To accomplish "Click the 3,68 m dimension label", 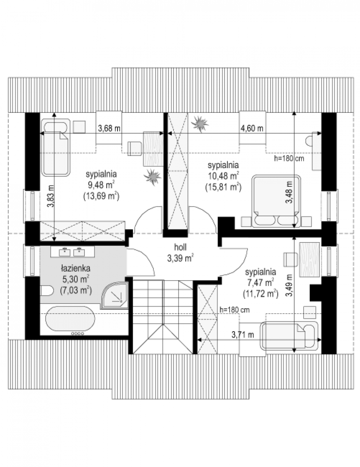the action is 109,128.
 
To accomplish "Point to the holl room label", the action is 180,248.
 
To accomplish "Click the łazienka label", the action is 76,269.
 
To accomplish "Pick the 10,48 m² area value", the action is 223,176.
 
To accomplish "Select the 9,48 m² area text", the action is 101,184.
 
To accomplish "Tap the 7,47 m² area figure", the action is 260,283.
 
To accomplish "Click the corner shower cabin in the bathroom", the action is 115,295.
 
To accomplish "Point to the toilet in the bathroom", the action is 47,291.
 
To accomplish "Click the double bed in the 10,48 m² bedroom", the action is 276,201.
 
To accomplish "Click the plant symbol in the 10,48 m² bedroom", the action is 200,124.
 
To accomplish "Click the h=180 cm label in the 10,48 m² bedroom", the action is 289,159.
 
